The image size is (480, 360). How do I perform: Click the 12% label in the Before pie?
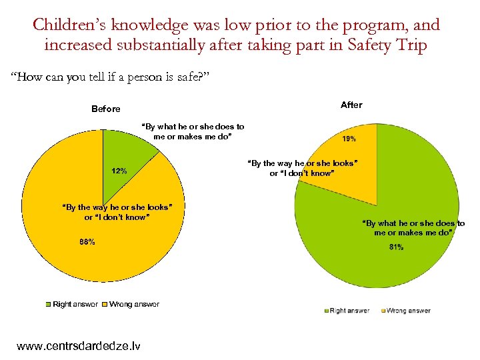(119, 171)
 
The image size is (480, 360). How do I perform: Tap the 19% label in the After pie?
(349, 139)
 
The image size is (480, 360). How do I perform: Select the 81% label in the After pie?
(397, 248)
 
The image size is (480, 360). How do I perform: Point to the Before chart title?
(106, 109)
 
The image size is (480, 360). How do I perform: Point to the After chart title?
(351, 105)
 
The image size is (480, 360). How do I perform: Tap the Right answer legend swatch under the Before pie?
(48, 305)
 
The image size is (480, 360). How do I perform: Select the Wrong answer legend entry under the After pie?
(405, 310)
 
